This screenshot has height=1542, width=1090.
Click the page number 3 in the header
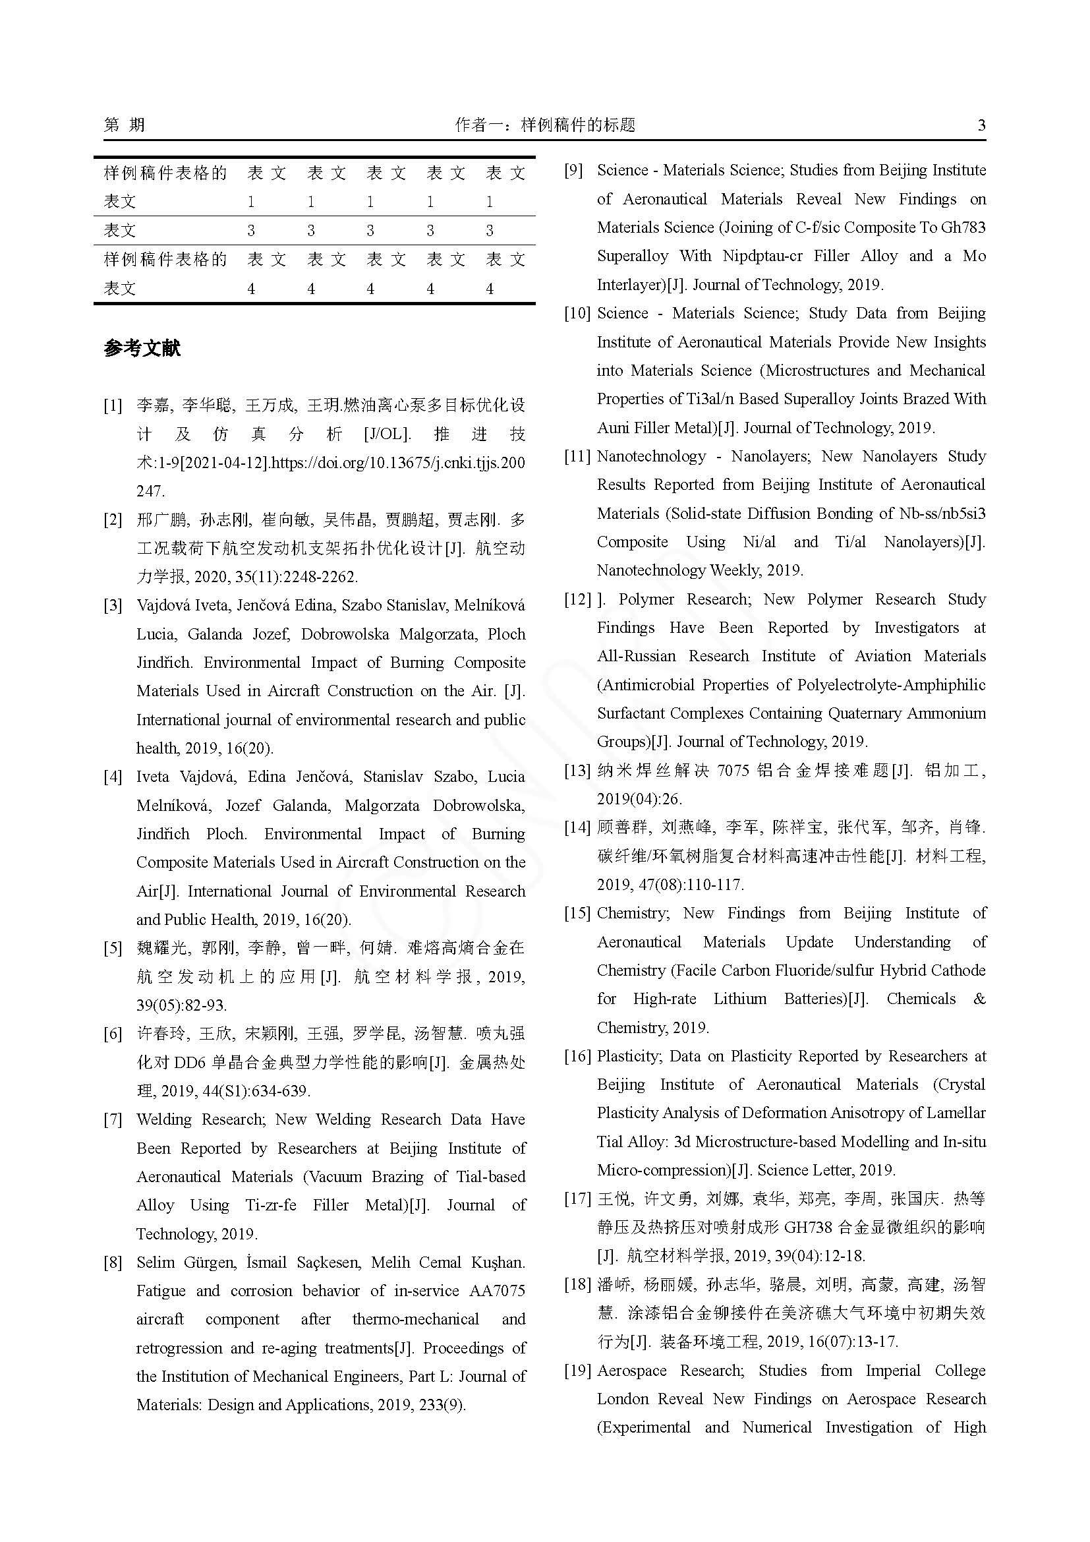(x=981, y=125)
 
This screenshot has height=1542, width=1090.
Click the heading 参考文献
(x=142, y=348)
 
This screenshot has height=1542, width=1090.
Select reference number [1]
(x=113, y=405)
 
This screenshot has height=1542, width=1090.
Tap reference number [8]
(x=113, y=1262)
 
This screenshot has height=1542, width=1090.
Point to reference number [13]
(x=577, y=770)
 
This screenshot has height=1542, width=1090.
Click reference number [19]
(x=577, y=1370)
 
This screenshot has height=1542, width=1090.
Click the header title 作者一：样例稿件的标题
(x=544, y=125)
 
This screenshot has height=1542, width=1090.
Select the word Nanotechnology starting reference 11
(x=651, y=457)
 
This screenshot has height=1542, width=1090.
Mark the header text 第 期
(x=124, y=125)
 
